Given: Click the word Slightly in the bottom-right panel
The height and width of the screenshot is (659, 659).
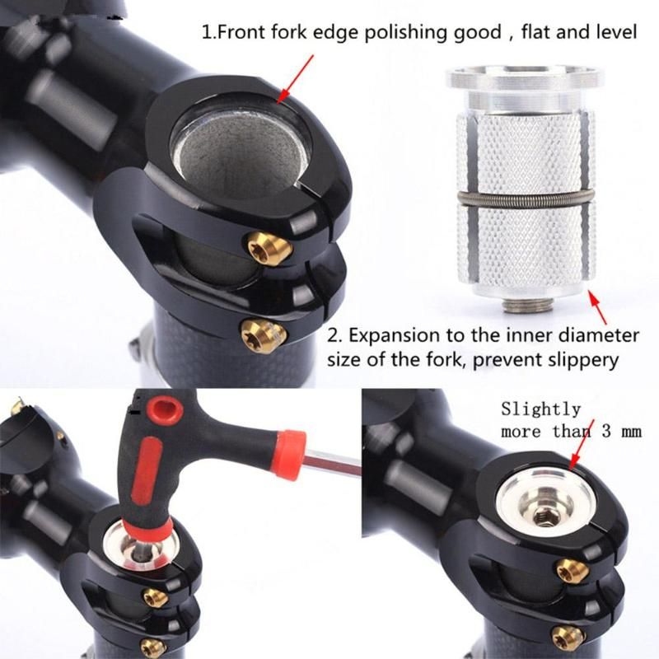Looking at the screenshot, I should [x=540, y=409].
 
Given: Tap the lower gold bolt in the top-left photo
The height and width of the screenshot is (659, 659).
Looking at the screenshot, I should [x=263, y=333].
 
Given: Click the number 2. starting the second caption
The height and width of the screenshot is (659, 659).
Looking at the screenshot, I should [x=335, y=336].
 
